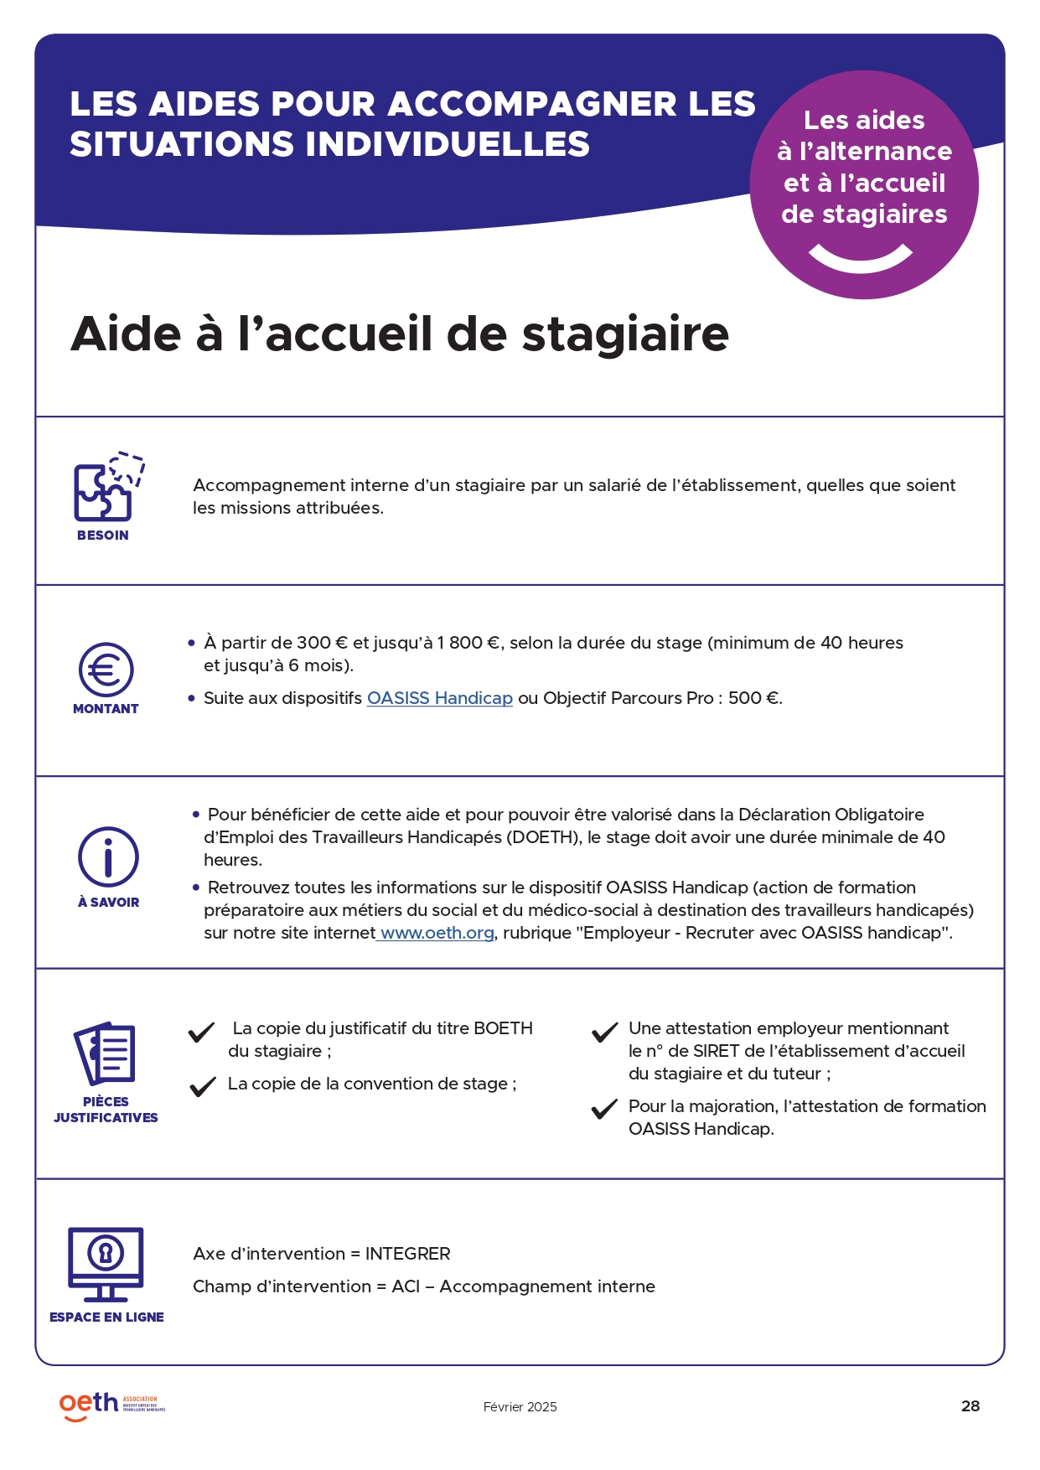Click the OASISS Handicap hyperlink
pos(439,698)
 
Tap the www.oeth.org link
pos(437,933)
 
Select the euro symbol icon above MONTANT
pos(106,670)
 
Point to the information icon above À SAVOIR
pos(108,857)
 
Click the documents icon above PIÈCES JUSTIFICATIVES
pos(106,1053)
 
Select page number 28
pos(970,1406)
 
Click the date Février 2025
pos(520,1407)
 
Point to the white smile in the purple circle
pos(861,258)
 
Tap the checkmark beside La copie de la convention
pos(203,1087)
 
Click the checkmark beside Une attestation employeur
pos(604,1033)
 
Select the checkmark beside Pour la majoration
pos(604,1110)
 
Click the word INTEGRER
pos(407,1254)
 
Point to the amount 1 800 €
pos(468,643)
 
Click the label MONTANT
pos(106,709)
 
